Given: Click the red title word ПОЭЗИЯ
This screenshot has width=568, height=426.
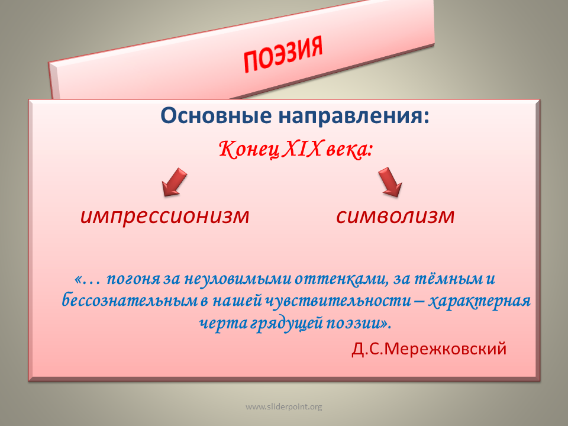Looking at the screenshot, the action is point(283,54).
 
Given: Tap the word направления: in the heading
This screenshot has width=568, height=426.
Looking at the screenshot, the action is point(354,117).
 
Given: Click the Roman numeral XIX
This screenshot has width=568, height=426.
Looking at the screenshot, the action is point(301,149).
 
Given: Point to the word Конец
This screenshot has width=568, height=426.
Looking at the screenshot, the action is point(249,150).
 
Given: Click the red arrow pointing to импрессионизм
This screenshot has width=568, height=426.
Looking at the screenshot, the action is point(174,182).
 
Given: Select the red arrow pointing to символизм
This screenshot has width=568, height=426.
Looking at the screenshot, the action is point(390,182).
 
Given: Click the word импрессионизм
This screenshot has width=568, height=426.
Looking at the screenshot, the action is point(165,216).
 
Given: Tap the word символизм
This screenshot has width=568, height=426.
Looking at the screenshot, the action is point(395,216).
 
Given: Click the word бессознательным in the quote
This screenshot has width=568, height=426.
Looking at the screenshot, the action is point(130,301).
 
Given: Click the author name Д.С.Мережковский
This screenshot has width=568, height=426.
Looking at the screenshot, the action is point(429,348).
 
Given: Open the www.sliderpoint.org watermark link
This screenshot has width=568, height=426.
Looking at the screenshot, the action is point(283,407).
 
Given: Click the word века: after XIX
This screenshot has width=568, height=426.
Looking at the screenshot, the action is point(349,150).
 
